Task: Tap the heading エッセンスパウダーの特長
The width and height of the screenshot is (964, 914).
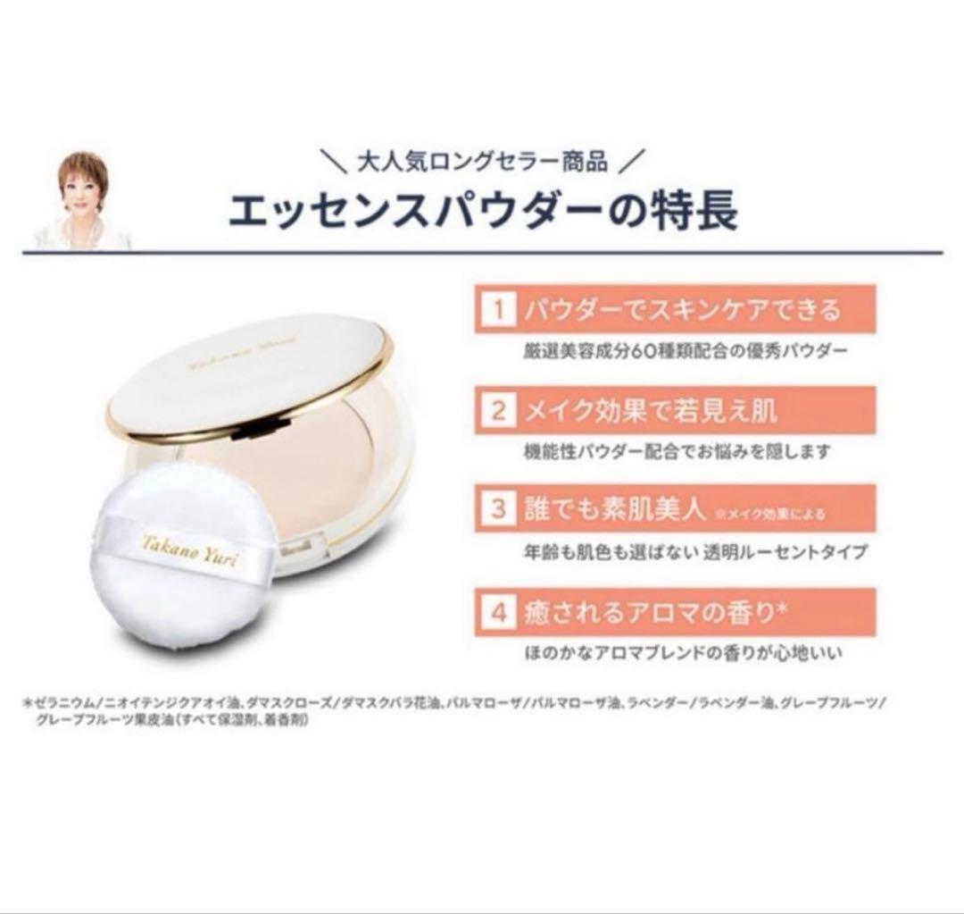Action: coord(482,213)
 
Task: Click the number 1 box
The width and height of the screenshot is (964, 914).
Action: coord(498,310)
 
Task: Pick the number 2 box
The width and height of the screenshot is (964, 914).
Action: coord(498,411)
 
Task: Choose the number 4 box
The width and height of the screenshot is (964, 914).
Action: coord(498,613)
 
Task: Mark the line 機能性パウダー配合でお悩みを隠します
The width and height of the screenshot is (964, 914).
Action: coord(677,452)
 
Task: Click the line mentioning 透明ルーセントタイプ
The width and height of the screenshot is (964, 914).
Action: coord(695,552)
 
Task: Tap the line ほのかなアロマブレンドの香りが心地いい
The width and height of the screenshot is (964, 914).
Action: coord(684,654)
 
